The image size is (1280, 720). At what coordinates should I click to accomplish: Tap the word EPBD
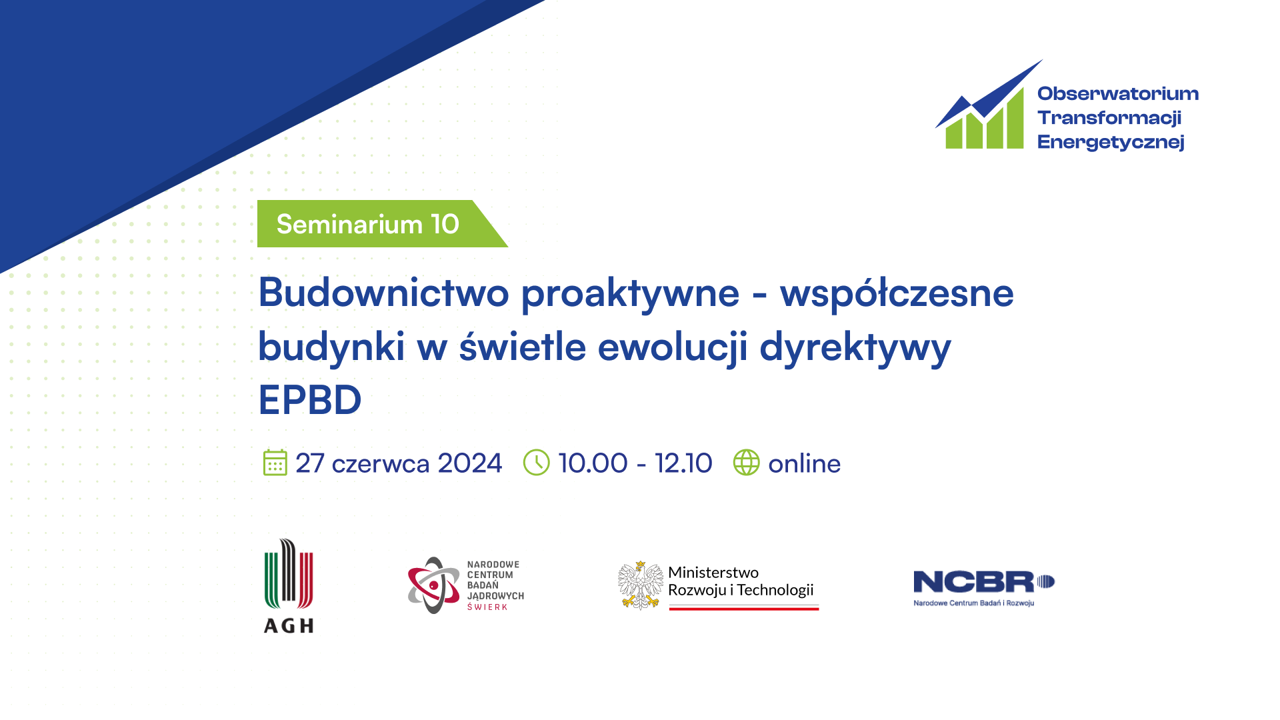[x=310, y=399]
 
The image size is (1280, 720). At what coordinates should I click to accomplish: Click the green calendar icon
[x=275, y=463]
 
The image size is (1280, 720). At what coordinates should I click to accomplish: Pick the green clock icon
[x=536, y=463]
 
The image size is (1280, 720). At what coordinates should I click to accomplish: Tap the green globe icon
[x=746, y=463]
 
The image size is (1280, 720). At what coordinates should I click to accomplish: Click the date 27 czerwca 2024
[x=399, y=463]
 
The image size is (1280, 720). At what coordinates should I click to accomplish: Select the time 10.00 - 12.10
[x=635, y=463]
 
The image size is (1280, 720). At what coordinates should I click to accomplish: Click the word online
[x=804, y=463]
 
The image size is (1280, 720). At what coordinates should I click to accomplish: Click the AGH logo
[x=289, y=585]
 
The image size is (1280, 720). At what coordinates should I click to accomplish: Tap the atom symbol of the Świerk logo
[x=434, y=585]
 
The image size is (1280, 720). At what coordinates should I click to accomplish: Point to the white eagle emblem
[x=640, y=585]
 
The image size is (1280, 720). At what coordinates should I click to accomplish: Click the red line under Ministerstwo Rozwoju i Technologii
[x=744, y=608]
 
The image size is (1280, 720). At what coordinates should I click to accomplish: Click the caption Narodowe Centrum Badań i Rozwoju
[x=973, y=603]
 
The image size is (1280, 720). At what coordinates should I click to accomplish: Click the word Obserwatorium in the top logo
[x=1118, y=93]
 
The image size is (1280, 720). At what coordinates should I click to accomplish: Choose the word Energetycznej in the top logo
[x=1111, y=142]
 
